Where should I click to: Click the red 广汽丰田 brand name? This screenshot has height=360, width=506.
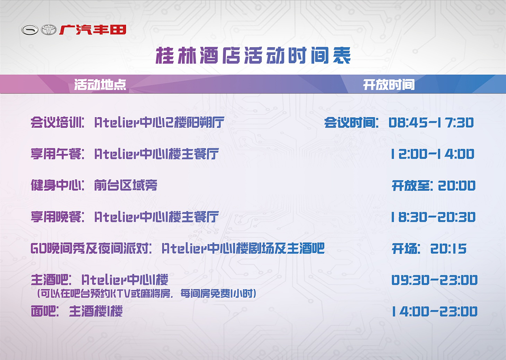(93, 30)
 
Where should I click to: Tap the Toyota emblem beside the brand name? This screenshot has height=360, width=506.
(49, 30)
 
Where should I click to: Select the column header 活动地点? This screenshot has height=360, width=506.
(100, 85)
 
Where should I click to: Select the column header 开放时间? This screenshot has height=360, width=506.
(389, 85)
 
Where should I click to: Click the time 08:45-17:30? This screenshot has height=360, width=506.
(431, 123)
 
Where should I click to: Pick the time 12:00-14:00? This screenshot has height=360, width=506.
(432, 154)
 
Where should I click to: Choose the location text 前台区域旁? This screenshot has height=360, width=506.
(126, 185)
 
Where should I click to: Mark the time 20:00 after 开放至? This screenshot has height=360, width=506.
(457, 186)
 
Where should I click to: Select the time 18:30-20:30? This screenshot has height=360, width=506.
(433, 217)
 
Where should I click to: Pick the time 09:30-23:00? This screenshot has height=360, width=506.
(434, 280)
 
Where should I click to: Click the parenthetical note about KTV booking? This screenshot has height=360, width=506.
(146, 294)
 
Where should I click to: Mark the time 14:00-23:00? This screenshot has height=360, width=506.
(434, 312)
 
